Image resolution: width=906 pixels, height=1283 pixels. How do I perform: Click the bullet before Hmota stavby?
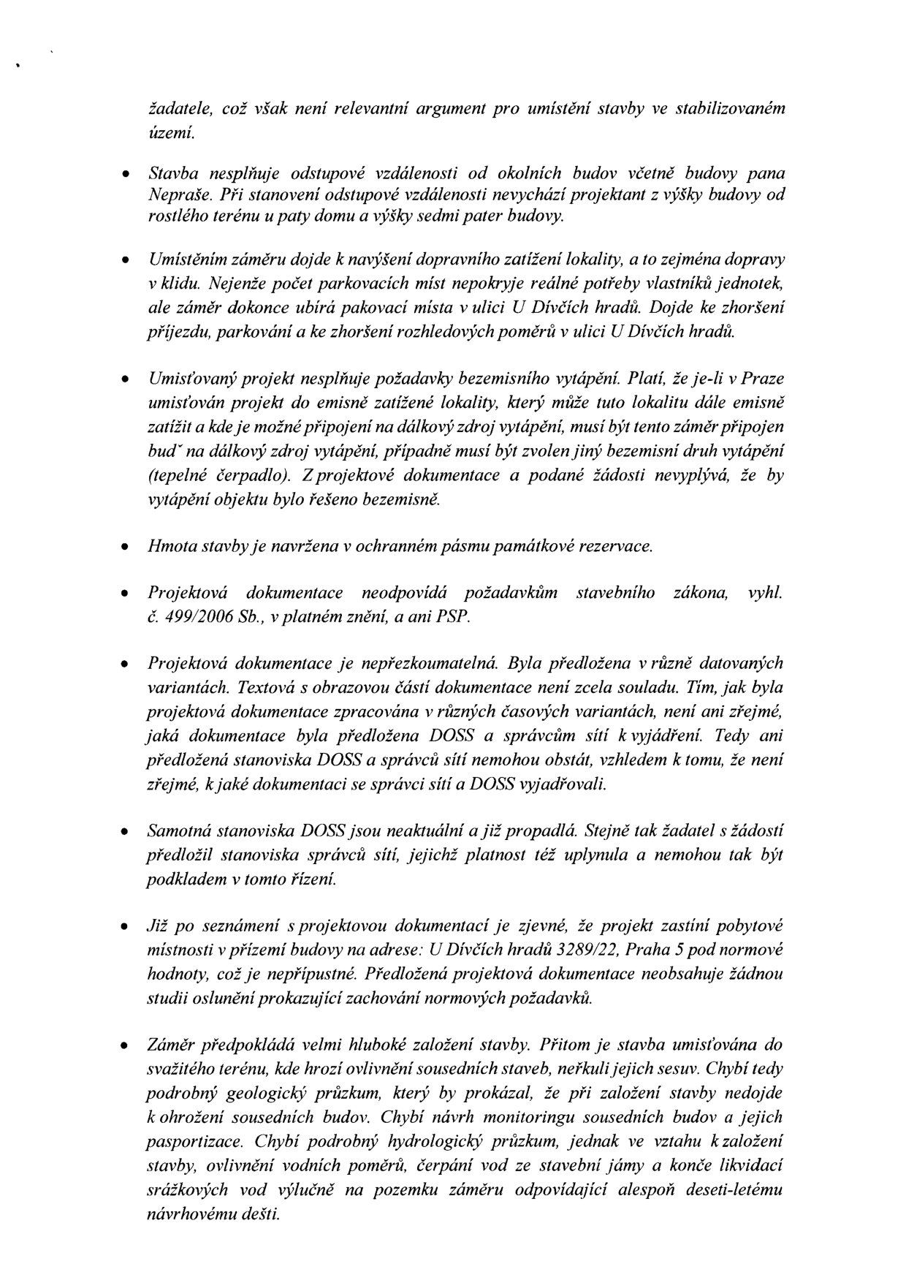(126, 547)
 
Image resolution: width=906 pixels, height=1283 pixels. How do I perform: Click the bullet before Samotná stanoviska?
(126, 832)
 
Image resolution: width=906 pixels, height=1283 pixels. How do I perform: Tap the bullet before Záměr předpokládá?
(126, 1045)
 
